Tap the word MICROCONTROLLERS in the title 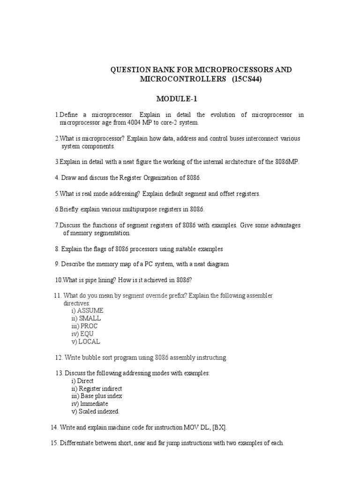coord(183,79)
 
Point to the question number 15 coord(53,443)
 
